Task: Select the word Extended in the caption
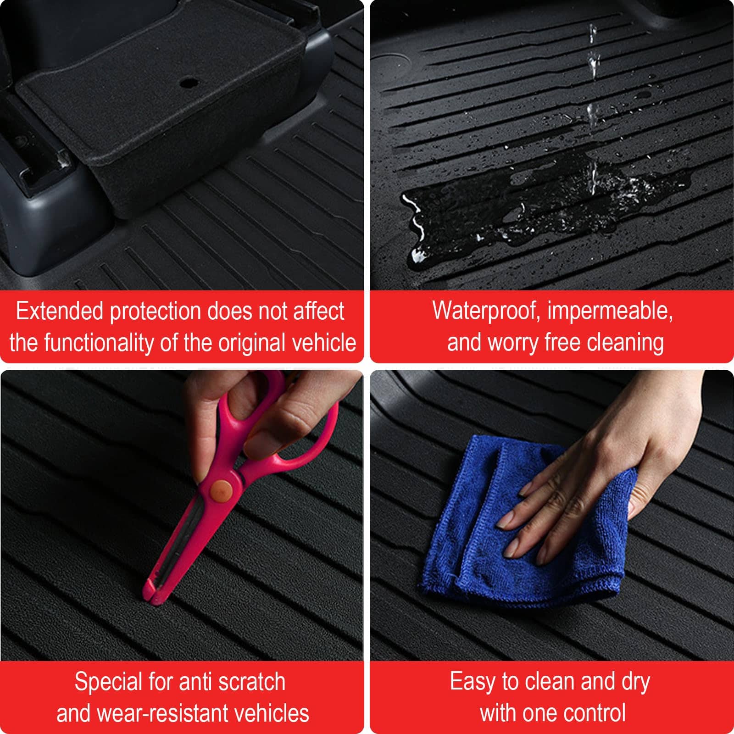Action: [60, 311]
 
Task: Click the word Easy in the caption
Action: [473, 682]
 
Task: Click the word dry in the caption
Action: [635, 683]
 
